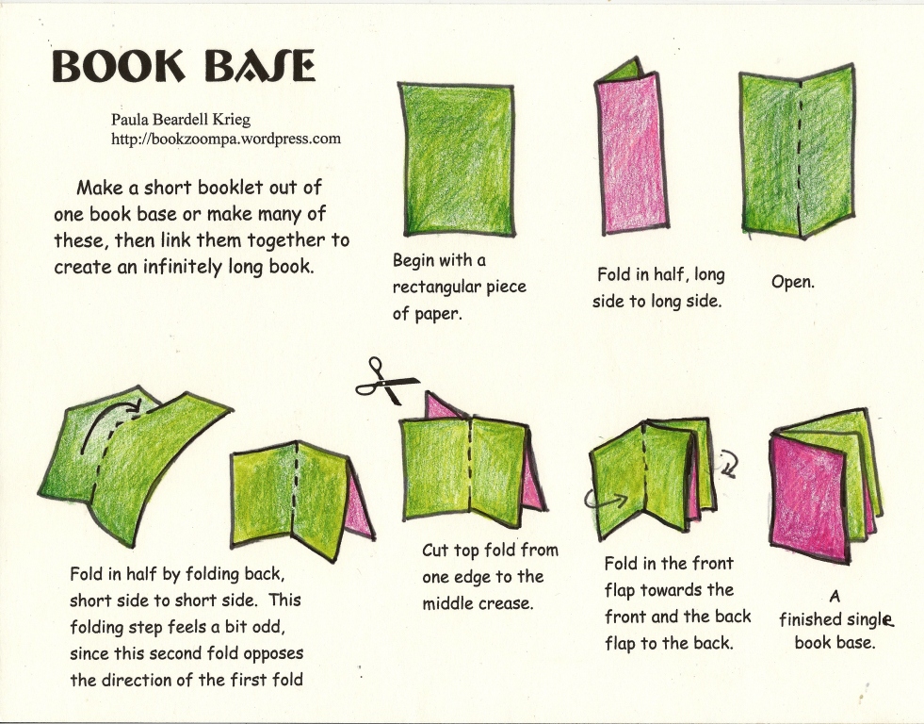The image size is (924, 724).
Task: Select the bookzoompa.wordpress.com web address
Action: pyautogui.click(x=225, y=139)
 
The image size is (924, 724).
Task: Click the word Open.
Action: pyautogui.click(x=792, y=281)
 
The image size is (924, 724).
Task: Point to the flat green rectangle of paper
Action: pyautogui.click(x=457, y=158)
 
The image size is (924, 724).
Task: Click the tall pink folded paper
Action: pyautogui.click(x=631, y=156)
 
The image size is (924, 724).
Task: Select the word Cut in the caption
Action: pyautogui.click(x=435, y=551)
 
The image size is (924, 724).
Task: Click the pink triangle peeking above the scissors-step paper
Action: pyautogui.click(x=439, y=407)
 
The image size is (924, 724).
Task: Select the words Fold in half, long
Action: pyautogui.click(x=660, y=275)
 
